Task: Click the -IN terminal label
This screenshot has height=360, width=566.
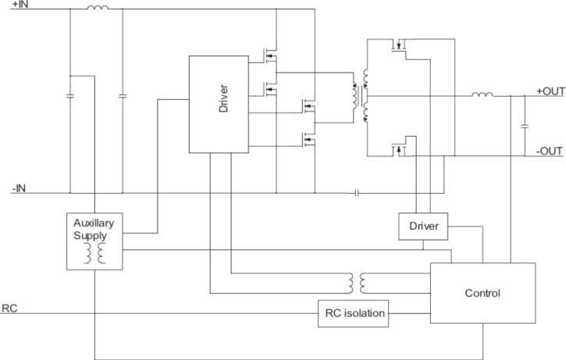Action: click(x=19, y=187)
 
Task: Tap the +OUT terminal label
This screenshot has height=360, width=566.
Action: click(x=550, y=91)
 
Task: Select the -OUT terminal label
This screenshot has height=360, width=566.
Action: click(x=550, y=151)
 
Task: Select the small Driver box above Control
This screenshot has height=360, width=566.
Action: click(x=423, y=226)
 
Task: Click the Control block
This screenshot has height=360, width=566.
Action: click(x=482, y=294)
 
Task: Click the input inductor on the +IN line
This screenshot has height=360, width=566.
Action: click(x=97, y=10)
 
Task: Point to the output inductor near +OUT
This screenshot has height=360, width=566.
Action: click(x=481, y=96)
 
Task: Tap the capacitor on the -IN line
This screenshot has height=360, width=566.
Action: click(x=356, y=192)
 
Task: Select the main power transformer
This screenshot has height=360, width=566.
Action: click(x=361, y=98)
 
